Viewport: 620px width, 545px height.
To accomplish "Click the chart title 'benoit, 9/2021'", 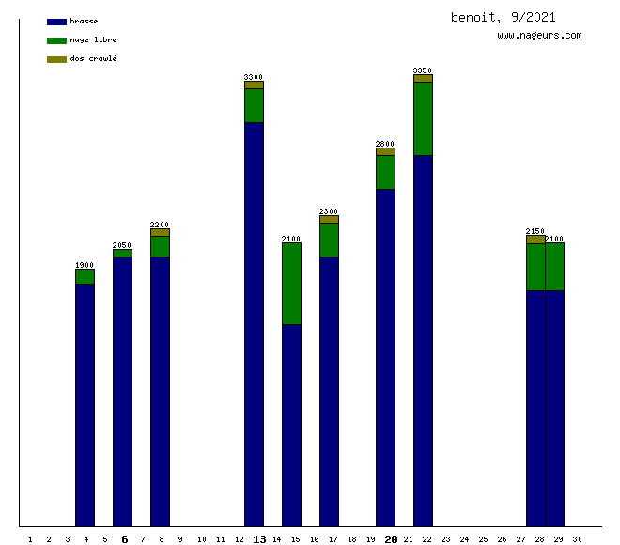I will click(x=504, y=17).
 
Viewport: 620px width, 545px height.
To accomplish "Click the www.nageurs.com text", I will click(x=539, y=36).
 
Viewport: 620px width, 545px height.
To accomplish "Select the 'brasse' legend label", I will click(x=84, y=21).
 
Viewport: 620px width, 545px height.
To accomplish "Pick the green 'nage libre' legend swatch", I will click(x=56, y=40).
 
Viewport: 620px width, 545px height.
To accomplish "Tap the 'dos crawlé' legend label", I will click(x=94, y=59).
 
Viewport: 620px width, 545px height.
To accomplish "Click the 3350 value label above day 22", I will click(x=423, y=70).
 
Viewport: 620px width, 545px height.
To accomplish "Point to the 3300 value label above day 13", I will click(x=254, y=77).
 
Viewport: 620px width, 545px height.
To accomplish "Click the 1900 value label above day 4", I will click(x=85, y=265).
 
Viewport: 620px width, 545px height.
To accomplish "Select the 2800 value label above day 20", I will click(x=385, y=144).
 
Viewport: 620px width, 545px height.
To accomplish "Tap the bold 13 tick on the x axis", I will click(x=259, y=539).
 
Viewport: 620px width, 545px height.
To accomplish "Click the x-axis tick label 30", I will click(x=577, y=539).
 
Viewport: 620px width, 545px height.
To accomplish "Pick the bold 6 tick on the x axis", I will click(x=124, y=539).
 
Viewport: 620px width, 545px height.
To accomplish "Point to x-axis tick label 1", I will click(x=30, y=539).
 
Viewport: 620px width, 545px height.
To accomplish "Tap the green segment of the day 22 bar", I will click(x=423, y=118).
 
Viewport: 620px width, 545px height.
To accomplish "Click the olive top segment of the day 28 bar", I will click(x=535, y=240).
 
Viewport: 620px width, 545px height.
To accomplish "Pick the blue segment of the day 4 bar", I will click(x=85, y=404).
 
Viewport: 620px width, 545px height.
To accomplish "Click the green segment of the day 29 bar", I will click(x=554, y=267).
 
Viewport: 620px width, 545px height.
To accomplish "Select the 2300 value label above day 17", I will click(x=329, y=211).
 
